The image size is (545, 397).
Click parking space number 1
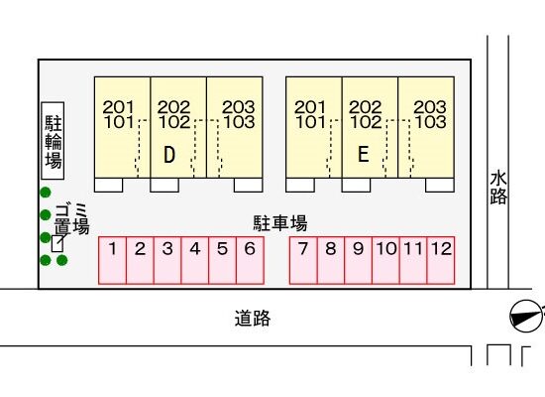coord(112,260)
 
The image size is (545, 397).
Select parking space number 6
coord(250,260)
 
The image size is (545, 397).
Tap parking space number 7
coord(303,260)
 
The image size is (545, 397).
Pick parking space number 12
coord(441,260)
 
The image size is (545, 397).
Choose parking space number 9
coord(359,260)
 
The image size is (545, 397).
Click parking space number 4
coord(195,260)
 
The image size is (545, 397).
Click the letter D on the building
coord(169,154)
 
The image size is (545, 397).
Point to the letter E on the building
coord(364,154)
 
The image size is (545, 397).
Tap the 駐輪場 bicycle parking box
coord(53,141)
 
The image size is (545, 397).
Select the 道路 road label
coord(253,318)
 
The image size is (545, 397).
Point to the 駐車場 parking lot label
coord(280,223)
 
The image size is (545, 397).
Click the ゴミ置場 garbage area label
coord(72,218)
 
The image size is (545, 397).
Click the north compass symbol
coord(526,317)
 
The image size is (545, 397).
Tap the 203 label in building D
coord(239,107)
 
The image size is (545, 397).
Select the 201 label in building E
coord(310,107)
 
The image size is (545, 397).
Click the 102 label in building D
coord(174,122)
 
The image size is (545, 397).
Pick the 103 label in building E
coord(431,122)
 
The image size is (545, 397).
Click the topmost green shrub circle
coord(46,193)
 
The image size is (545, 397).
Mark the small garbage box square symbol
coord(57,243)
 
